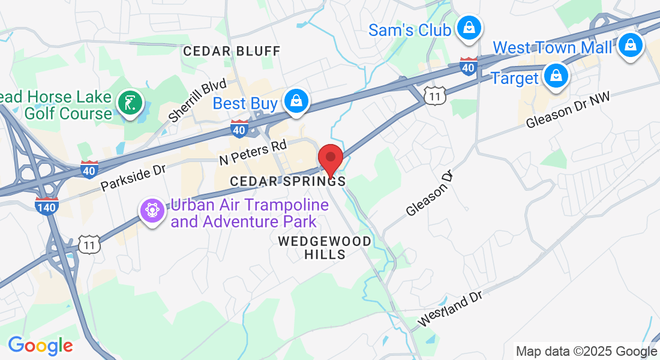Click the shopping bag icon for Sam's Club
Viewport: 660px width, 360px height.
467,27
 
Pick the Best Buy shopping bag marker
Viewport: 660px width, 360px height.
296,101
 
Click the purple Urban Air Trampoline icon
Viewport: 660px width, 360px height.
152,210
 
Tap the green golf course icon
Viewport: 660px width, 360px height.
129,102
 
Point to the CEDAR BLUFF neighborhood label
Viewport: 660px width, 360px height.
232,51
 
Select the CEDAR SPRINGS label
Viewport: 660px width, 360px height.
288,181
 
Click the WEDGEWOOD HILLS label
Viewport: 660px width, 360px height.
325,247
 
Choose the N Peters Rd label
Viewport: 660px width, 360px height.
253,152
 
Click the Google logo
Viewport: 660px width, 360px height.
40,346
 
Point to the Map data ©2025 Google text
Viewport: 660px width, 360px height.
587,351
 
